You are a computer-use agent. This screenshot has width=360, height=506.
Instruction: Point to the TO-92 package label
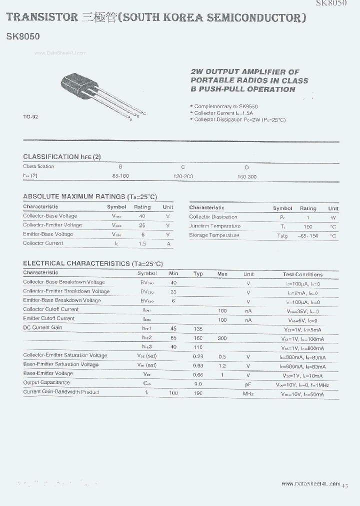pyautogui.click(x=30, y=116)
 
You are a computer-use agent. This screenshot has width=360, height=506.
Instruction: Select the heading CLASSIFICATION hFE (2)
pyautogui.click(x=62, y=156)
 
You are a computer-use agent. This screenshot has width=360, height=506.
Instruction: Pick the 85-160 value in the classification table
pyautogui.click(x=120, y=176)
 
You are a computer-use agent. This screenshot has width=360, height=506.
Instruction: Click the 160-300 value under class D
pyautogui.click(x=247, y=177)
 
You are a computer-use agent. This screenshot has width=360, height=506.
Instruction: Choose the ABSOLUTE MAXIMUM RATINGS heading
pyautogui.click(x=90, y=196)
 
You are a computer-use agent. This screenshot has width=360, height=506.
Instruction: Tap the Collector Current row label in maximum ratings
pyautogui.click(x=43, y=243)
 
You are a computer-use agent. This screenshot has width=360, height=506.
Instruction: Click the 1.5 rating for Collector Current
pyautogui.click(x=142, y=244)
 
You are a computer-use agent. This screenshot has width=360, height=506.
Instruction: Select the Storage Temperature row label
pyautogui.click(x=214, y=235)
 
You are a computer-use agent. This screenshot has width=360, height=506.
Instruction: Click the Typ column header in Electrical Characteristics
pyautogui.click(x=198, y=274)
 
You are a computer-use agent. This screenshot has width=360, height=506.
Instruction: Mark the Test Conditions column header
pyautogui.click(x=302, y=274)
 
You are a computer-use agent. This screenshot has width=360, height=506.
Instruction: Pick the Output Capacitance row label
pyautogui.click(x=46, y=383)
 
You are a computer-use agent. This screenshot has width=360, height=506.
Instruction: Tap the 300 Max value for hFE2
pyautogui.click(x=222, y=338)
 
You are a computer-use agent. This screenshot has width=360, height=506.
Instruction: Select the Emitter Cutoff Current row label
pyautogui.click(x=48, y=318)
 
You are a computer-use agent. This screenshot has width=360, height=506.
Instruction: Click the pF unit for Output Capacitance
pyautogui.click(x=248, y=384)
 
